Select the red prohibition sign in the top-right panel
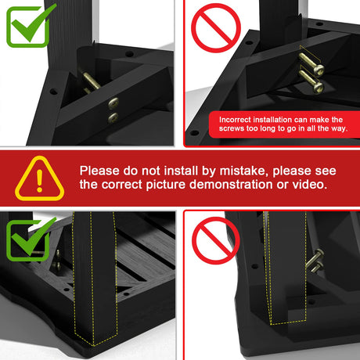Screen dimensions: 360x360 point(216,28)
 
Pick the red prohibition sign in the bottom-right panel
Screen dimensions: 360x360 point(216,240)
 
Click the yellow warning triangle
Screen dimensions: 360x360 point(40,178)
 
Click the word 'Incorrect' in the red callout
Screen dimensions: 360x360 point(235,120)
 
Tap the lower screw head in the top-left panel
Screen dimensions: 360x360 point(113,117)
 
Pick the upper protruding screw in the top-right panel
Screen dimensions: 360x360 point(311,63)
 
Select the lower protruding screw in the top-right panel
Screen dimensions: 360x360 point(311,81)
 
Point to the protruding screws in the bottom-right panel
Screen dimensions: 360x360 point(315,261)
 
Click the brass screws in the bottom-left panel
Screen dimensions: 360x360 point(57,260)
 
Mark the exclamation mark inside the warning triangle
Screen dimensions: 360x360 point(40,181)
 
